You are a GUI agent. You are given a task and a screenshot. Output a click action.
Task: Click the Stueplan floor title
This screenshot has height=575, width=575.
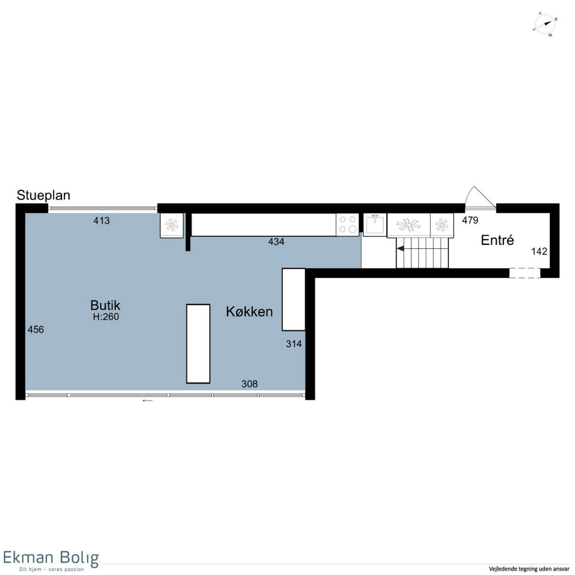44,195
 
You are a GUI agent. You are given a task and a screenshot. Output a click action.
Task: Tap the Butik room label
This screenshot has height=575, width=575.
105,305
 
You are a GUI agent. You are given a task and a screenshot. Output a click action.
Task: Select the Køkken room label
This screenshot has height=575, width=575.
249,311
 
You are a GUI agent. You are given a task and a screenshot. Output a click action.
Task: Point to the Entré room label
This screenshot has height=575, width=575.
497,240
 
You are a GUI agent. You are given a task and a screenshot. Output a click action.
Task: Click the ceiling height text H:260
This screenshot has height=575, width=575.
106,317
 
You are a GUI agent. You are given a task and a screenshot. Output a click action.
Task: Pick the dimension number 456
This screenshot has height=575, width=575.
36,329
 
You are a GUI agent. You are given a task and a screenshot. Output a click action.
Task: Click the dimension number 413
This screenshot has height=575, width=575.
102,220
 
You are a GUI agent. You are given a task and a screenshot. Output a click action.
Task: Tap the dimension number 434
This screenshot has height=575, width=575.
276,241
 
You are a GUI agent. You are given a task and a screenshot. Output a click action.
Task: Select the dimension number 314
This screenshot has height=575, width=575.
294,344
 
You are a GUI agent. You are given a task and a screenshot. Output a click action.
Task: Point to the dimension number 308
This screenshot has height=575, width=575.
250,384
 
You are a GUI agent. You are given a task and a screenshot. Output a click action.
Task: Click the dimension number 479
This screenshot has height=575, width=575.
470,220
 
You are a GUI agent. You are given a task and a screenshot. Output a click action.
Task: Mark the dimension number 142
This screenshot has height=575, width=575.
539,251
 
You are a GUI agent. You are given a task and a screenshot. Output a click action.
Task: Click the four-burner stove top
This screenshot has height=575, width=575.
347,224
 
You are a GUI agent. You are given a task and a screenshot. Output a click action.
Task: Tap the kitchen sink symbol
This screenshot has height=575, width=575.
375,224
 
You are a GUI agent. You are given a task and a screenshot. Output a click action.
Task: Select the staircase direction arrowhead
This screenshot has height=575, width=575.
400,248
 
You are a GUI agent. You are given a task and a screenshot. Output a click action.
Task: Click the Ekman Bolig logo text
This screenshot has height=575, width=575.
51,558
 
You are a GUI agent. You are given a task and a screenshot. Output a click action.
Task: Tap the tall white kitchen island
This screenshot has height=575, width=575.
198,344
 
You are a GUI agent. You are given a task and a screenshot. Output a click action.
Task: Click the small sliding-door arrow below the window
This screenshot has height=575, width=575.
148,401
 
